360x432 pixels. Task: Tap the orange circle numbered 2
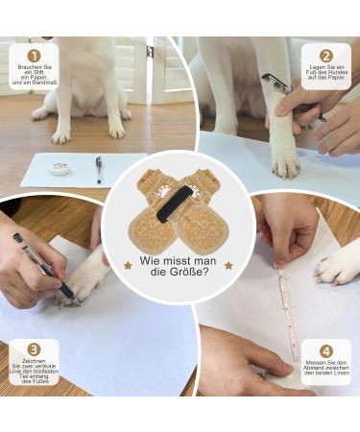[x=325, y=56]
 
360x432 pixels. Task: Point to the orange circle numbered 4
[x=325, y=350]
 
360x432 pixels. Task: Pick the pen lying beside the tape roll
[x=100, y=170]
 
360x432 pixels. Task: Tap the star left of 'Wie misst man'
[x=128, y=264]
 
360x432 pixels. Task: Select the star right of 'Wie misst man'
[x=228, y=264]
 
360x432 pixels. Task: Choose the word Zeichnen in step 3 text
[x=34, y=366]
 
